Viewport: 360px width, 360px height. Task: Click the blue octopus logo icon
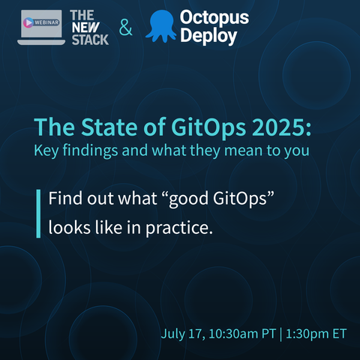[x=160, y=25]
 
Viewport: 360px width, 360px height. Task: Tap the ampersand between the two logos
[x=125, y=27]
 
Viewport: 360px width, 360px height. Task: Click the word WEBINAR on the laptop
[x=46, y=22]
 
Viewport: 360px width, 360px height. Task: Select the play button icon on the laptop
[x=28, y=22]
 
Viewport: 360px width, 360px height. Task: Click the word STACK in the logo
[x=90, y=40]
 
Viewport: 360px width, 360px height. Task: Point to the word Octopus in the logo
[x=214, y=18]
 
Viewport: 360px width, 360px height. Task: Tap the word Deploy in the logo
[x=208, y=36]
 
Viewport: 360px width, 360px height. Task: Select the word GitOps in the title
[x=208, y=128]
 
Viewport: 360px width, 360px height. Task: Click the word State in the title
[x=109, y=127]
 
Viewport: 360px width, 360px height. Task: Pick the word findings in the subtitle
[x=90, y=151]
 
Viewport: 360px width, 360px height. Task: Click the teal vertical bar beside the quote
[x=38, y=214]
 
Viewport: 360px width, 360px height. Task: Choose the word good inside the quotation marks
[x=189, y=199]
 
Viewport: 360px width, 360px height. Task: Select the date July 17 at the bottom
[x=182, y=334]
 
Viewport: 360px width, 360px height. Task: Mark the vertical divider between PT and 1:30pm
[x=280, y=334]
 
